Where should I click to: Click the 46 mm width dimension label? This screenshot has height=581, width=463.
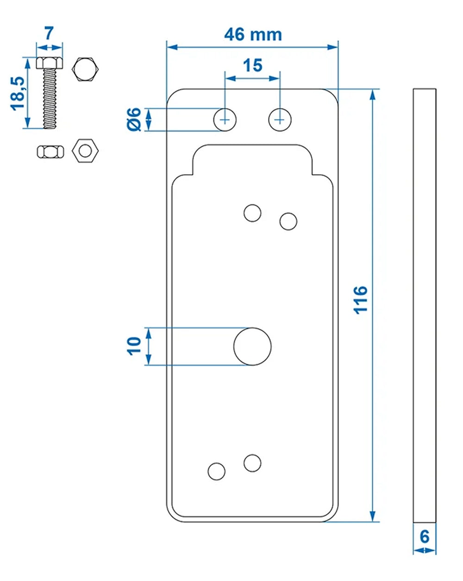click(x=253, y=35)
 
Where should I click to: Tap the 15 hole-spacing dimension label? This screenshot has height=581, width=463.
click(x=253, y=65)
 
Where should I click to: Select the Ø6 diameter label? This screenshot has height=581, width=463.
click(x=134, y=119)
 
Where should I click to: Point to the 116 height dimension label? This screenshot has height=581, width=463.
click(x=360, y=299)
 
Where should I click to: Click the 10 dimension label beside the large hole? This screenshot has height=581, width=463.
click(x=134, y=346)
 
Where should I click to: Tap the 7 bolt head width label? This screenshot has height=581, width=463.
click(x=49, y=33)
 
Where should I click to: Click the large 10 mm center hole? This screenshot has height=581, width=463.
click(x=252, y=346)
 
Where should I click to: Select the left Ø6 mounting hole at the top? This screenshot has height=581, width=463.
click(x=225, y=120)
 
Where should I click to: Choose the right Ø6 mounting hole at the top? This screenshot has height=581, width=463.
click(x=280, y=120)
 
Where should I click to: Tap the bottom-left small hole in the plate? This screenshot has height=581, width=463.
click(x=216, y=471)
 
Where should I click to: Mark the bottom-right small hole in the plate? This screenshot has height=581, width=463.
click(x=252, y=462)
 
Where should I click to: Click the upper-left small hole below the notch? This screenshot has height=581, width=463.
click(x=252, y=213)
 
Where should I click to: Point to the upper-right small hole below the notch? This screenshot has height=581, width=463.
click(x=288, y=221)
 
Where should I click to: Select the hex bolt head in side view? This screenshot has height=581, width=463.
click(x=49, y=63)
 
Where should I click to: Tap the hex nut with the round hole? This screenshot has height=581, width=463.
click(x=85, y=151)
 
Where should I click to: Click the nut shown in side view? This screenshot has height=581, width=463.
click(x=49, y=152)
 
